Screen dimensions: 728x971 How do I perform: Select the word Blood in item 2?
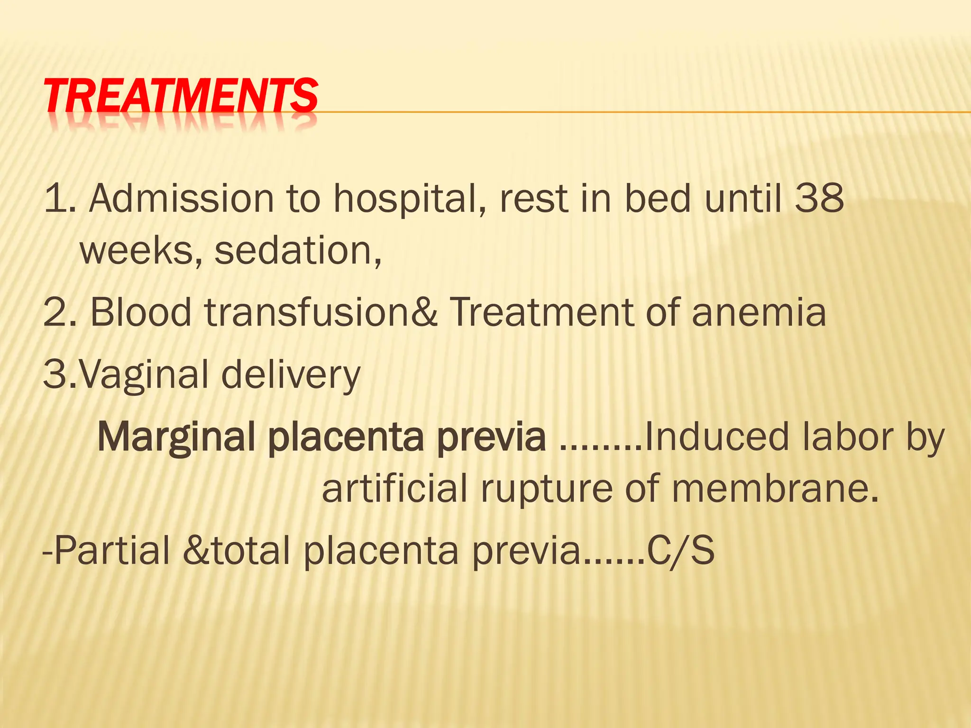click(140, 313)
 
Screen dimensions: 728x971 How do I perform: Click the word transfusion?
click(308, 313)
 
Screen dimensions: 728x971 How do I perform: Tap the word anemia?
click(759, 313)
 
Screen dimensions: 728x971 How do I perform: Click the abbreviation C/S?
click(681, 551)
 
